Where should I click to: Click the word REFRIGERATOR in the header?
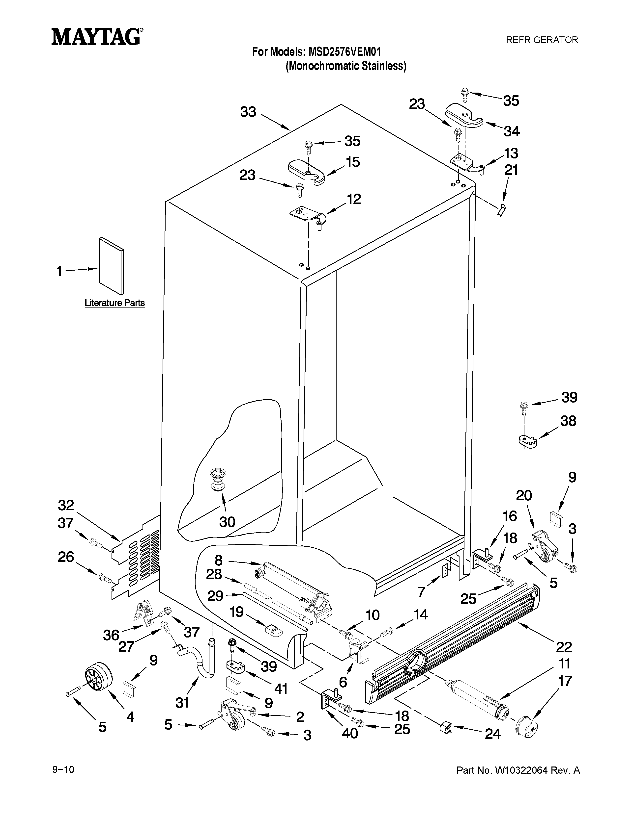tap(542, 40)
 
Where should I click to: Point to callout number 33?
tap(248, 112)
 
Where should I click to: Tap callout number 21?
tap(511, 170)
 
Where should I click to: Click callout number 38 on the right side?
tap(568, 421)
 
